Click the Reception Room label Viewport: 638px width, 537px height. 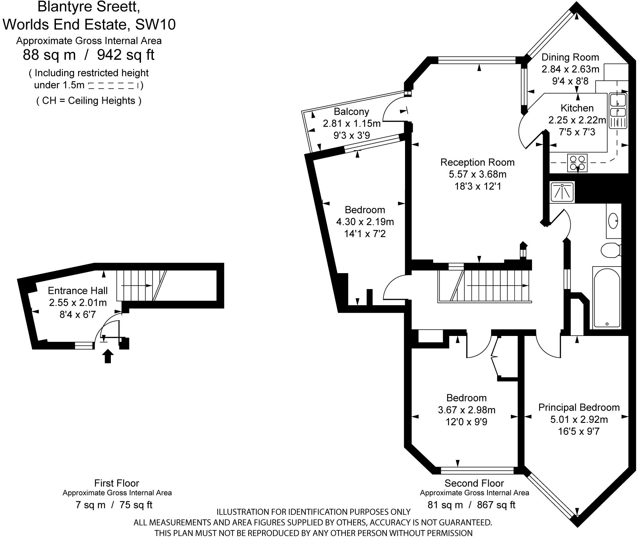(477, 162)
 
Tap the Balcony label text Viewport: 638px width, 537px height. (351, 111)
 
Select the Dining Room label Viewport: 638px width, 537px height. (570, 57)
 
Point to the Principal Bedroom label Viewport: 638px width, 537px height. (579, 407)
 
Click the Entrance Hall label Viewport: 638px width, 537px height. (78, 291)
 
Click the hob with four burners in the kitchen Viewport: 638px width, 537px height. (577, 163)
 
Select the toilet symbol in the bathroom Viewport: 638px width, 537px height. (610, 250)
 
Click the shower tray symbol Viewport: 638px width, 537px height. (562, 192)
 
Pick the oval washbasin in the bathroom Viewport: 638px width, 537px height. (613, 221)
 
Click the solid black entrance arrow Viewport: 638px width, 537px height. (108, 356)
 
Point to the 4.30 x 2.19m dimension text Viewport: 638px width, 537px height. (365, 222)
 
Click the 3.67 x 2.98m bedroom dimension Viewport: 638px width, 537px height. (467, 410)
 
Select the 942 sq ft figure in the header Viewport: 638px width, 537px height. (126, 55)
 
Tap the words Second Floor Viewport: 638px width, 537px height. (474, 483)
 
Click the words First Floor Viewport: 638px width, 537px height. (116, 483)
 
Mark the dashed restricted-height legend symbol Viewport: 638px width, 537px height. (113, 86)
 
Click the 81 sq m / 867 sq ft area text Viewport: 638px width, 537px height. (472, 505)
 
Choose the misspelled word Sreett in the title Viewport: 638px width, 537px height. (117, 7)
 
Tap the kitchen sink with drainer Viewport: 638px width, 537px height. (618, 111)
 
